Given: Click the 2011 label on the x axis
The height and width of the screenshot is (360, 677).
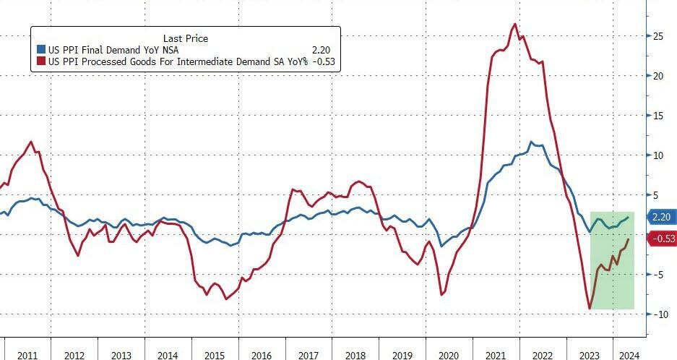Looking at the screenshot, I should pyautogui.click(x=27, y=356).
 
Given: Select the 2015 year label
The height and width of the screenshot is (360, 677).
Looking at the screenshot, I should pyautogui.click(x=215, y=356).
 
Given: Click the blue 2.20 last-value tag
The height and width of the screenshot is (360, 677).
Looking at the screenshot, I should pyautogui.click(x=661, y=217).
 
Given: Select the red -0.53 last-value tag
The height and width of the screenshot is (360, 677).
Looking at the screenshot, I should pyautogui.click(x=663, y=239).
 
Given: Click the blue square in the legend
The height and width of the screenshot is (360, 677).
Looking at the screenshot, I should pyautogui.click(x=41, y=51).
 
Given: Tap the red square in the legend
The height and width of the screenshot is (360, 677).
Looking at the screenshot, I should pyautogui.click(x=41, y=62).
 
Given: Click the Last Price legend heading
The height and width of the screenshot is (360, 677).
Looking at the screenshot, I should pyautogui.click(x=186, y=38).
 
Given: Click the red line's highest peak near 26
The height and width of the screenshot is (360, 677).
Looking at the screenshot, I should pyautogui.click(x=514, y=25).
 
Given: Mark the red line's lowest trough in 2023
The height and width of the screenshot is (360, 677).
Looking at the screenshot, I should pyautogui.click(x=590, y=309).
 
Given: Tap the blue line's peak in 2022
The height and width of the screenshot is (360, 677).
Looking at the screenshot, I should pyautogui.click(x=532, y=142).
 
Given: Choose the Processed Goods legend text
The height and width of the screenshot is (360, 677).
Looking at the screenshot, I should pyautogui.click(x=178, y=62).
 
